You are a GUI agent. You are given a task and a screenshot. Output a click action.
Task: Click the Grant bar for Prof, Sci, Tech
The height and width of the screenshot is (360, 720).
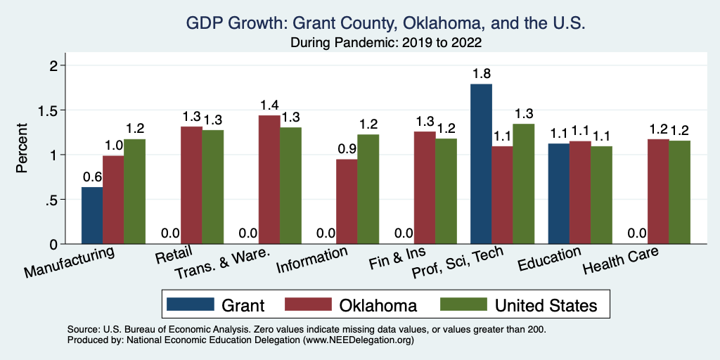pos(481,164)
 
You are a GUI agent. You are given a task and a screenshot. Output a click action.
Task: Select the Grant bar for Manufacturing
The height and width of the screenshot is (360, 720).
pos(92,215)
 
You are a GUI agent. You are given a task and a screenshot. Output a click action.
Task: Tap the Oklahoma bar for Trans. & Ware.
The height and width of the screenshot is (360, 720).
pos(269,179)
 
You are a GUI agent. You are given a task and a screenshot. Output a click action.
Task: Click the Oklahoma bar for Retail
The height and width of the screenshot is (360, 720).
pos(191,185)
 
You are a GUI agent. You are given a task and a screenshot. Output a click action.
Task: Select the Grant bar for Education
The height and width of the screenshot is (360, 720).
pos(559,193)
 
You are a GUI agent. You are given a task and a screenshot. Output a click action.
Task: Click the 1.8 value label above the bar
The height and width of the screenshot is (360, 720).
pos(481,73)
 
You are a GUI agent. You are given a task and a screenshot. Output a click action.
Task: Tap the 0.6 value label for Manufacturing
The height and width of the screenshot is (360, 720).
pos(92,176)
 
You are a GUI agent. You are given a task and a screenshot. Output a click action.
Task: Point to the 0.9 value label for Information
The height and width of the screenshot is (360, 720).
pos(347,149)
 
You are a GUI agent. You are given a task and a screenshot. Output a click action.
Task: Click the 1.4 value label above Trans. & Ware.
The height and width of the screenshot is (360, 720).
pos(269,105)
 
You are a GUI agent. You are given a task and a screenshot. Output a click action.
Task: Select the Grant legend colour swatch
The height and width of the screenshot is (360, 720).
pos(191,305)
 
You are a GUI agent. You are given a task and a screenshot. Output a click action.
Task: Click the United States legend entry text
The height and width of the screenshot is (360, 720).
pos(546,305)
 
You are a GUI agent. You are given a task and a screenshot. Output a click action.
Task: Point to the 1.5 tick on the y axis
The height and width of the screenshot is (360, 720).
pos(51,110)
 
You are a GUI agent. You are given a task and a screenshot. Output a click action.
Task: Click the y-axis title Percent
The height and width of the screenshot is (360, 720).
pos(22,148)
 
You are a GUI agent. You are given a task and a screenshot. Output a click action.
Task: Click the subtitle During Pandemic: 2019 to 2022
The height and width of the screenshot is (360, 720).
pos(385,43)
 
